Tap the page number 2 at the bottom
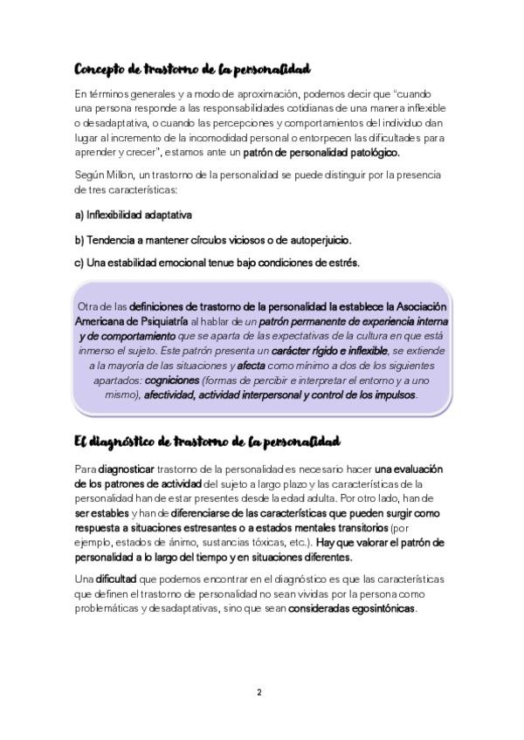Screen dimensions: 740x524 [259, 692]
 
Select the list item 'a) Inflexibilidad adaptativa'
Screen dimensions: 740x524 [134, 214]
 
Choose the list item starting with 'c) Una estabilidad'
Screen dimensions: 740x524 [217, 262]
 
